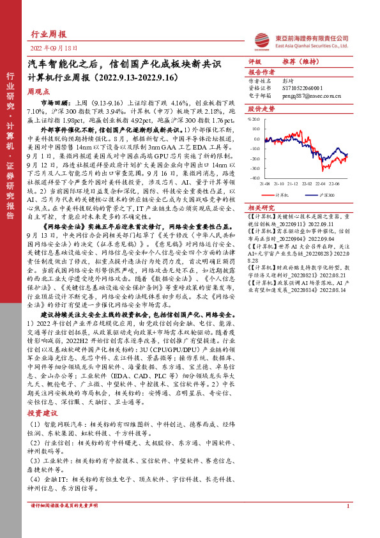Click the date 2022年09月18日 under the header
54,49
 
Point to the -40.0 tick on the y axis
255,178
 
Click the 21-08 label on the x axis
264,181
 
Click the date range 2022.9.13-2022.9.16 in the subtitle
137,79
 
